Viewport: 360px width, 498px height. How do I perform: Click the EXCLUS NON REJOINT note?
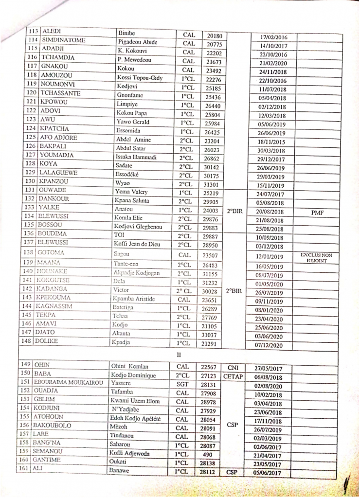pos(316,257)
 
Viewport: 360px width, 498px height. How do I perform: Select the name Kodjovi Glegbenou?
pos(140,227)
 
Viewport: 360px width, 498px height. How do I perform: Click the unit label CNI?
pos(232,368)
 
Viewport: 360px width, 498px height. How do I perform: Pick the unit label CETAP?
pos(233,376)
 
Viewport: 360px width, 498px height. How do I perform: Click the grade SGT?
pos(182,385)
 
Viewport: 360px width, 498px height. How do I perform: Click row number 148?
pos(33,340)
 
